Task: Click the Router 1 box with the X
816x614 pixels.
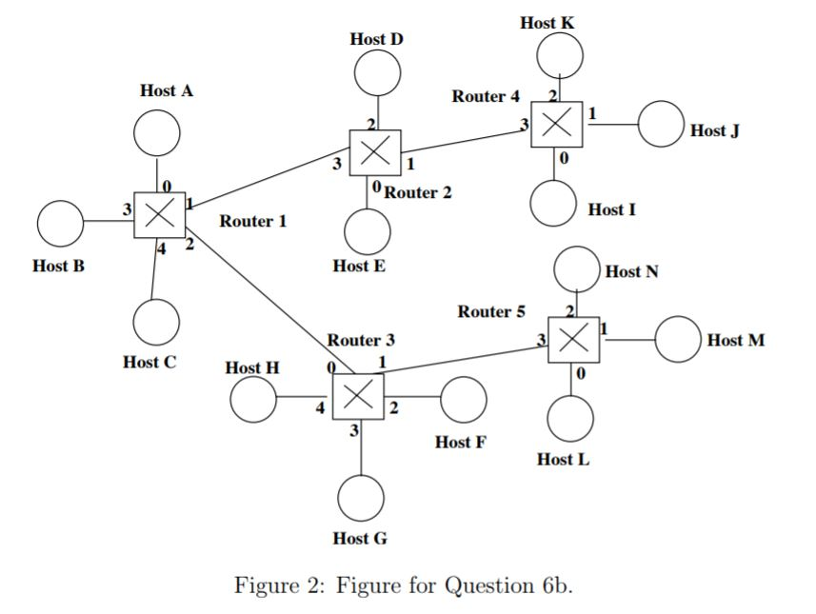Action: (159, 216)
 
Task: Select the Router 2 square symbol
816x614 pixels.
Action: (375, 152)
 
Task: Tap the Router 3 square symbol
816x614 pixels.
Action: (358, 396)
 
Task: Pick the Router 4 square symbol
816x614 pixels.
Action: (557, 122)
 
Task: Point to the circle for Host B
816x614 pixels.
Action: (60, 224)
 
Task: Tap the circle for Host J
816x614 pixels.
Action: (661, 125)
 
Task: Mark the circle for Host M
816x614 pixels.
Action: (678, 340)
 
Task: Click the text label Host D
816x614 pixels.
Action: (376, 39)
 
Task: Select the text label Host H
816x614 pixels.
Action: (253, 366)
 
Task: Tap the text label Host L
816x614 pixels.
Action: (563, 460)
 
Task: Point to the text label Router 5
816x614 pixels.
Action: (490, 311)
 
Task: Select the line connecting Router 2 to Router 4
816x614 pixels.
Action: (467, 142)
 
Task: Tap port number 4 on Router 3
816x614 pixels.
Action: (320, 408)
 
